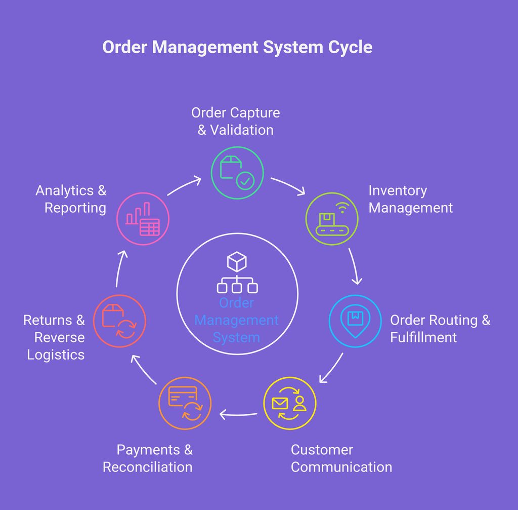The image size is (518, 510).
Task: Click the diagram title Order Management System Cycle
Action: pos(237,47)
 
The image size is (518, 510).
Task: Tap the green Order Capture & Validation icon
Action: pos(237,173)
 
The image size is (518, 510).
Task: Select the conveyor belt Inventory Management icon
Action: pos(332,219)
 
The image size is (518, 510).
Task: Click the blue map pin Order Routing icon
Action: pos(355,321)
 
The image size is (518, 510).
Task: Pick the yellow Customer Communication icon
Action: pos(290,404)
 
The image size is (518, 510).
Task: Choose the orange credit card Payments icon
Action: pos(185,403)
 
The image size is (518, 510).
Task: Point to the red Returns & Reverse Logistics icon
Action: pos(120,321)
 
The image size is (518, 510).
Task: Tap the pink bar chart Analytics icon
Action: pos(143,219)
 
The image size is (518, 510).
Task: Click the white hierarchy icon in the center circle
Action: pos(237,273)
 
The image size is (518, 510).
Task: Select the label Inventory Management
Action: pos(410,199)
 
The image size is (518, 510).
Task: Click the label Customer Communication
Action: pos(341,458)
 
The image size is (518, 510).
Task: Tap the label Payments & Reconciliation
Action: pos(148,458)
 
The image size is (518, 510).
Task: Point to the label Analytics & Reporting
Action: pos(71,199)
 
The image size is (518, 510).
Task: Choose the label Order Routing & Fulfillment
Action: pos(440,329)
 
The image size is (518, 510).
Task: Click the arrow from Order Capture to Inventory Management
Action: pos(288,185)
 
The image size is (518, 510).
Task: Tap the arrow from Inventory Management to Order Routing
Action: pos(355,266)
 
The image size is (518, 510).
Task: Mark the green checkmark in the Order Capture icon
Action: pos(245,180)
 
